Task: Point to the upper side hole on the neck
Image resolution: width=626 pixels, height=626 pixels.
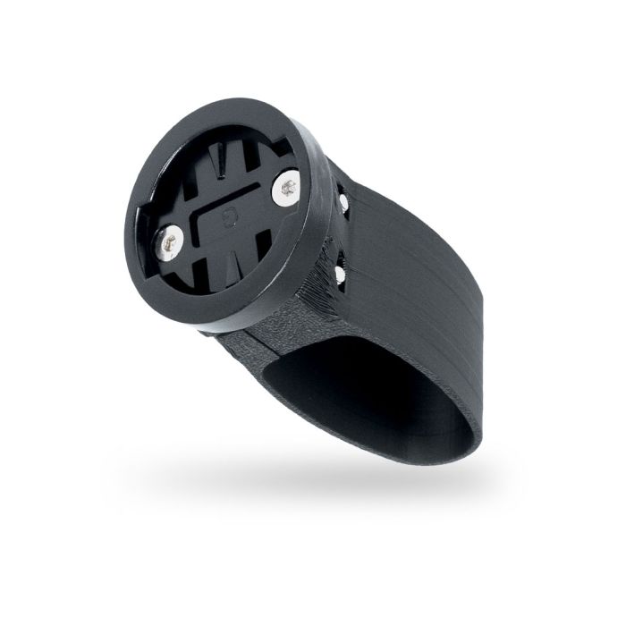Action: [x=344, y=201]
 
